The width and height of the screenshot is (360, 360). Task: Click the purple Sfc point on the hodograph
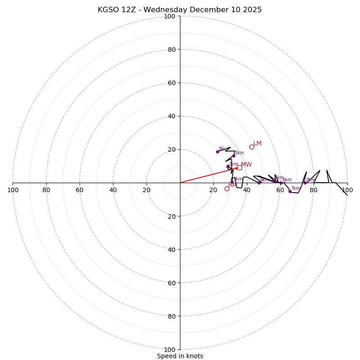pos(217,152)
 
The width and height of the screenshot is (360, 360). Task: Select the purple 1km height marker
pos(234,156)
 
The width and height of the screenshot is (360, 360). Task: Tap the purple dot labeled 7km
pos(290,191)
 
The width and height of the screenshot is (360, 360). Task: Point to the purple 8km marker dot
pos(305,183)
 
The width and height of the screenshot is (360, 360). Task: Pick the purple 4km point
pos(259,183)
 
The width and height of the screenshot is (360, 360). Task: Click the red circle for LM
pos(252,147)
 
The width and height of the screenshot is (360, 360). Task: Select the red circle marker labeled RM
pos(227,189)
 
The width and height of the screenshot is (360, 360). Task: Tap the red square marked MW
pos(239,167)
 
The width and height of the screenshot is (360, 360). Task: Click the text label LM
pos(257,144)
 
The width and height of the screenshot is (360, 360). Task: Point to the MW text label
pos(246,165)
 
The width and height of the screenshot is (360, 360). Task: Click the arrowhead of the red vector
pos(237,168)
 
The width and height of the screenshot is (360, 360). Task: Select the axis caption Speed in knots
pos(180,356)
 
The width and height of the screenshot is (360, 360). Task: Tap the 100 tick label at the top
pos(169,16)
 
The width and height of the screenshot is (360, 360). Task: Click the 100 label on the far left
pos(13,190)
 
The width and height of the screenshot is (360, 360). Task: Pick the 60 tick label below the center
pos(169,283)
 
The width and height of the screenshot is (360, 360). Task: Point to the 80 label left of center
pos(46,190)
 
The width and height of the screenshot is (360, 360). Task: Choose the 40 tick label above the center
pos(171,116)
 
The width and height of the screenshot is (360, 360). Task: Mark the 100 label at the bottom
pos(169,349)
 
